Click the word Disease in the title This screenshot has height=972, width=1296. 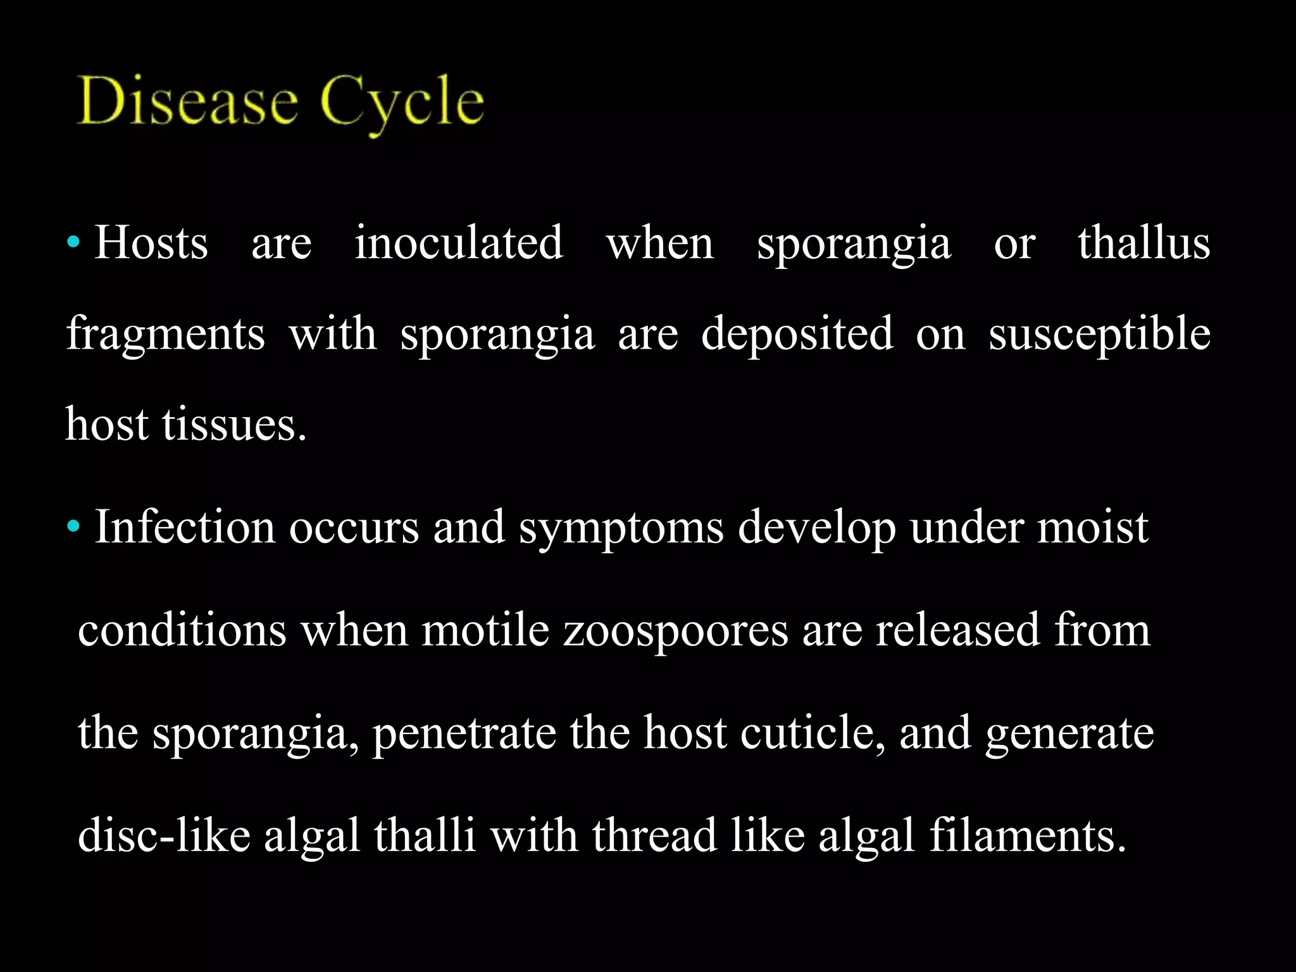tap(187, 101)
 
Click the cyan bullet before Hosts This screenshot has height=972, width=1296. tap(74, 242)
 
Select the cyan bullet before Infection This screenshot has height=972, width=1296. tap(74, 525)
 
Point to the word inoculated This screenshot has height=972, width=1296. tap(458, 243)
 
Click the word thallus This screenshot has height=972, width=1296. tap(1143, 243)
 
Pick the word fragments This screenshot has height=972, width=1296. tap(166, 334)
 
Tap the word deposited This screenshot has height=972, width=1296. tap(797, 334)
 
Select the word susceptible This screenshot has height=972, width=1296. tap(1099, 334)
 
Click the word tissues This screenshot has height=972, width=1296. tap(234, 424)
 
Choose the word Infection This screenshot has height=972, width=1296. tap(185, 526)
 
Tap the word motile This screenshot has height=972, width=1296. tap(485, 630)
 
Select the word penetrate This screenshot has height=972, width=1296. tap(463, 733)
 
